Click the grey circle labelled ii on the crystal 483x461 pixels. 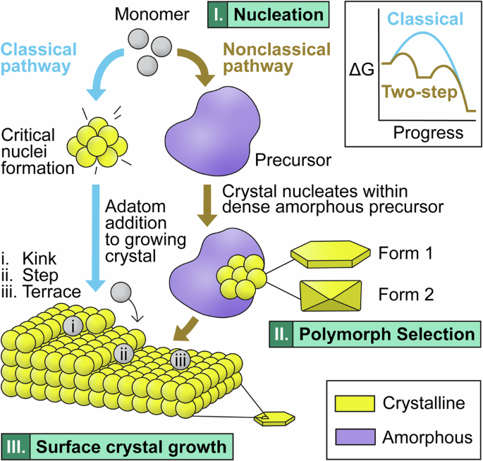123,352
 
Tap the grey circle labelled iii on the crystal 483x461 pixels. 180,360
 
